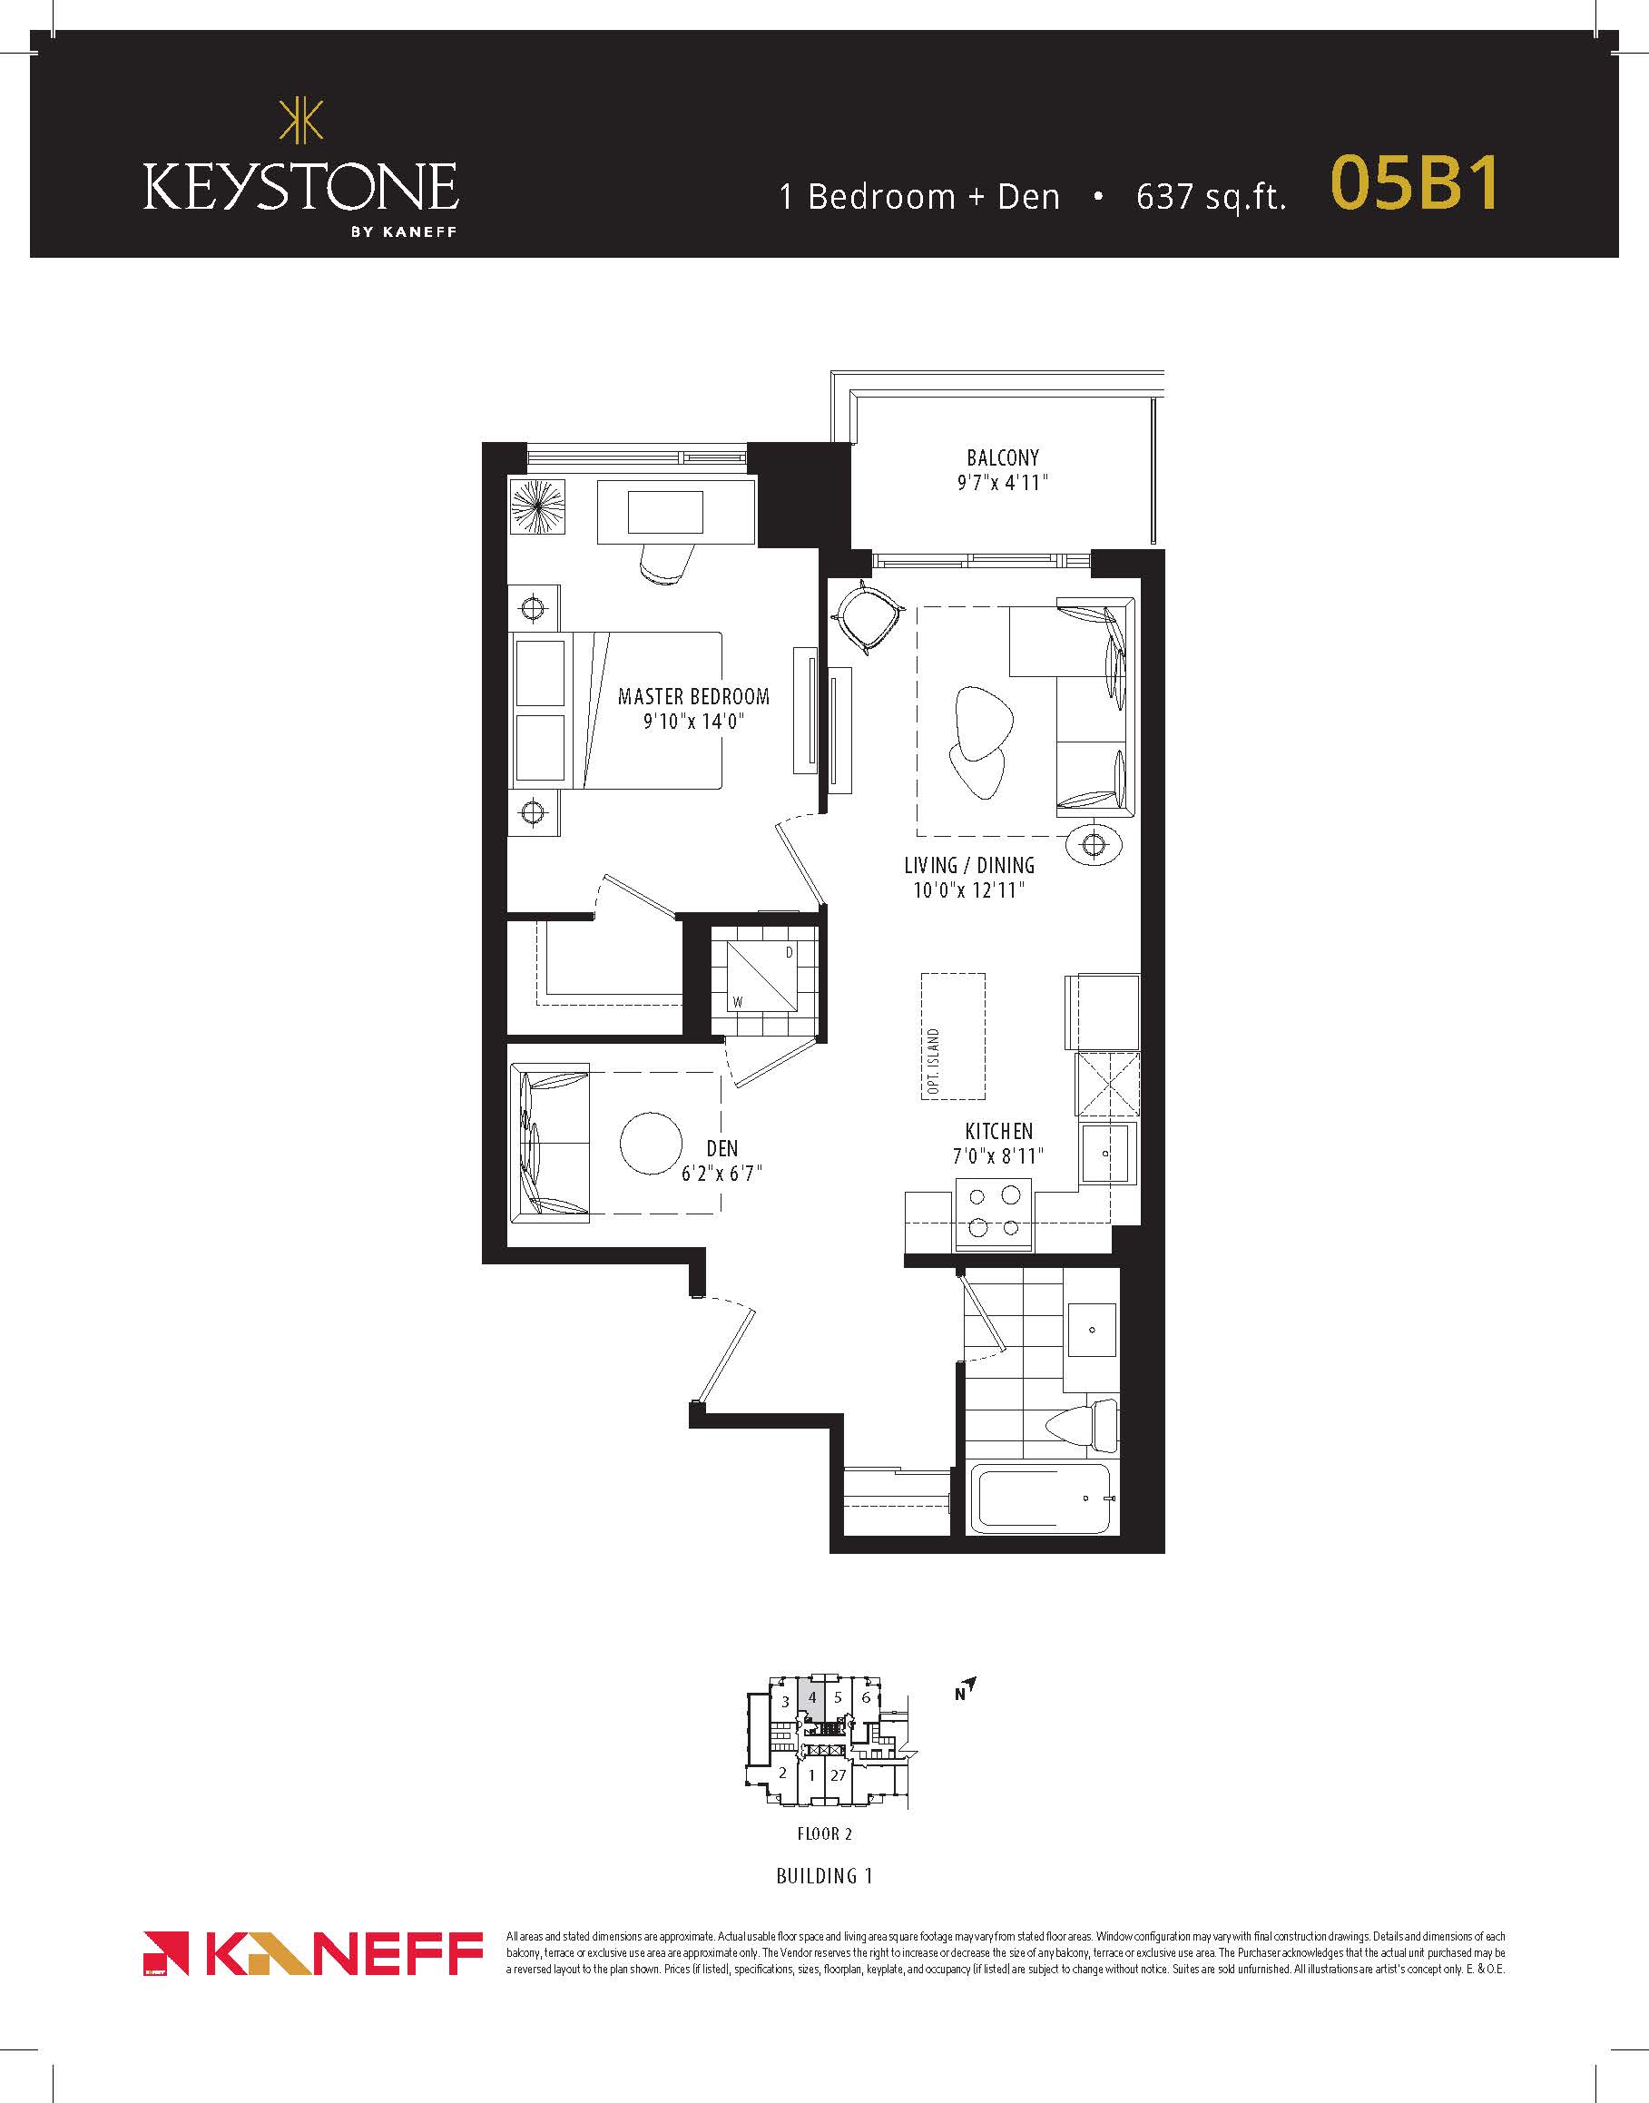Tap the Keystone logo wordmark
point(300,186)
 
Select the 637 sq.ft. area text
point(1211,196)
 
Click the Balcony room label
point(1003,457)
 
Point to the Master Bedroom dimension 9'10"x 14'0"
point(694,722)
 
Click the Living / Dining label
point(969,865)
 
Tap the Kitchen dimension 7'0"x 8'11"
point(998,1155)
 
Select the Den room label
point(722,1148)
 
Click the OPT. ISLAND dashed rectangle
point(953,1036)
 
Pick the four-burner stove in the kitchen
point(994,1214)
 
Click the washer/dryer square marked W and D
point(762,975)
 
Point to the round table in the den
point(652,1144)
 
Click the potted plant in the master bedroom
point(538,506)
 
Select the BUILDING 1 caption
point(824,1875)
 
